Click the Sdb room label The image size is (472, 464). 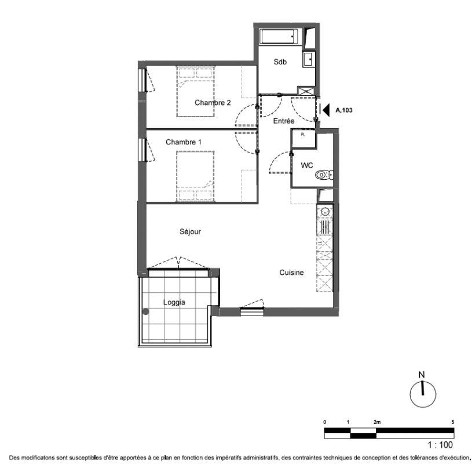(x=280, y=62)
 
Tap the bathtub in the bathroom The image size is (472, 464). (x=279, y=37)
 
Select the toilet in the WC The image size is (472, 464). (x=324, y=175)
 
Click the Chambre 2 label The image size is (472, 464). (x=213, y=103)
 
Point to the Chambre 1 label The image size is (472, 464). (x=184, y=142)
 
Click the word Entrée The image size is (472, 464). (x=284, y=121)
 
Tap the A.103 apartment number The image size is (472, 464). (x=344, y=110)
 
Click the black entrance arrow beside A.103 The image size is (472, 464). (x=326, y=110)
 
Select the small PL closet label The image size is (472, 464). (x=303, y=135)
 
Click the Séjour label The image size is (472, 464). (x=190, y=231)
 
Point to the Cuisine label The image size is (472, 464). (x=291, y=273)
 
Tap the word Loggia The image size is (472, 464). (x=174, y=302)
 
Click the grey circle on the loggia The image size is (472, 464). (x=146, y=311)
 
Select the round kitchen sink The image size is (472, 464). (x=325, y=212)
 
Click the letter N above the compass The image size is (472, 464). (x=422, y=375)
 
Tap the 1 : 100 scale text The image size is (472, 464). (x=440, y=445)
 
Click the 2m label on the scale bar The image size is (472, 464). (x=377, y=422)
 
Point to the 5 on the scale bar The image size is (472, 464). (x=453, y=422)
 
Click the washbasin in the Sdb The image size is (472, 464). (x=309, y=59)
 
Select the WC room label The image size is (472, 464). (x=307, y=165)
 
